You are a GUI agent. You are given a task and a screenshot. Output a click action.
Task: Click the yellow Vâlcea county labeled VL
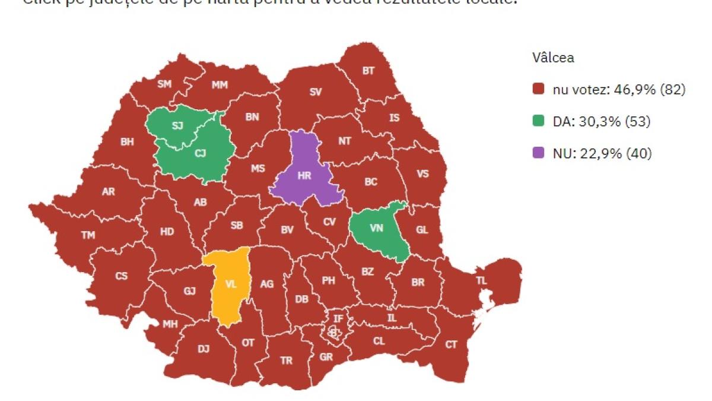click(231, 285)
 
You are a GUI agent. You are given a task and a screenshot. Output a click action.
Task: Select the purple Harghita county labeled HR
click(304, 175)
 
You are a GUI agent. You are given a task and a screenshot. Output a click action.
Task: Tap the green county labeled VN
click(376, 228)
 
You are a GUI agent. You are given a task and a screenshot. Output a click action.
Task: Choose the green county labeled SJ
click(177, 125)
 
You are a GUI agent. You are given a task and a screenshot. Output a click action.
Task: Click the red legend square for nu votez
click(538, 90)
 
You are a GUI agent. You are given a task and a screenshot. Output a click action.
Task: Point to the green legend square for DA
click(538, 122)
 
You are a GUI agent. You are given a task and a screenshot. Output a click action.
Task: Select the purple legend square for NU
click(538, 154)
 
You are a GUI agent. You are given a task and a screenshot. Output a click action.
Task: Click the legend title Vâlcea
click(552, 58)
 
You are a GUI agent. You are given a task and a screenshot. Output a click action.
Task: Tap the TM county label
click(88, 235)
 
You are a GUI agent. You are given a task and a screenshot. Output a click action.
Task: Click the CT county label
click(452, 345)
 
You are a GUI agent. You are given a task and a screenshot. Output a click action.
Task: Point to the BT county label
click(368, 71)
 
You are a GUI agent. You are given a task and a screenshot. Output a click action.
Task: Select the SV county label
click(316, 92)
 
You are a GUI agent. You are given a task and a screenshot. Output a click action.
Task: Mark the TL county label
click(481, 279)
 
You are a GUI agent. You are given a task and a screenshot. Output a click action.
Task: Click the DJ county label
click(204, 349)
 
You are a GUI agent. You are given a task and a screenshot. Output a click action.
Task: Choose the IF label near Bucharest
click(338, 319)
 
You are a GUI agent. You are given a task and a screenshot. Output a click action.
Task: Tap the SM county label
click(164, 84)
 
